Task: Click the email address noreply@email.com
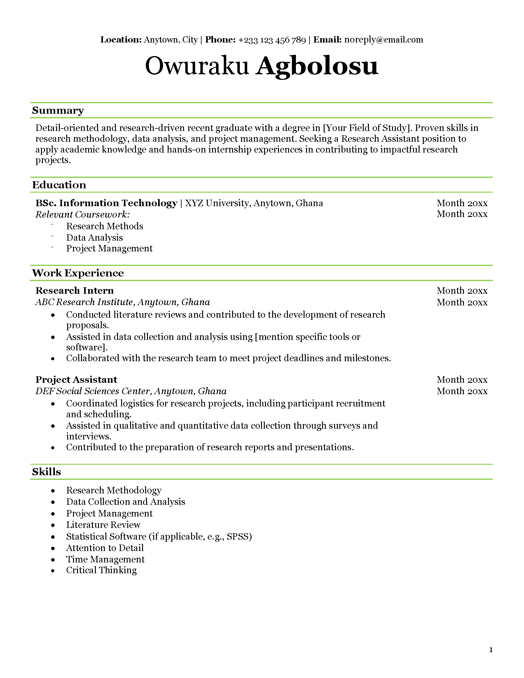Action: (x=383, y=40)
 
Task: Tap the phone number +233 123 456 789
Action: (x=272, y=40)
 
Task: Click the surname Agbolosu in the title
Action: (x=317, y=66)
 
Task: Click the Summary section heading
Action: (x=58, y=111)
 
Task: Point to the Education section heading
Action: (x=59, y=185)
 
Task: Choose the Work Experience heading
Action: (x=78, y=273)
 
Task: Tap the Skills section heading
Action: (x=47, y=472)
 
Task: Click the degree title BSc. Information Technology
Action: (x=106, y=203)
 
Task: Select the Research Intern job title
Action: (x=75, y=291)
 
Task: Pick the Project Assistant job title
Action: (x=76, y=380)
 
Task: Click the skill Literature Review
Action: (x=103, y=525)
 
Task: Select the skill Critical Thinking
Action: (x=101, y=570)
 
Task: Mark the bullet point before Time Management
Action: (x=53, y=560)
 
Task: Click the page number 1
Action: (x=491, y=650)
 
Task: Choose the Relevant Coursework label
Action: (x=83, y=214)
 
